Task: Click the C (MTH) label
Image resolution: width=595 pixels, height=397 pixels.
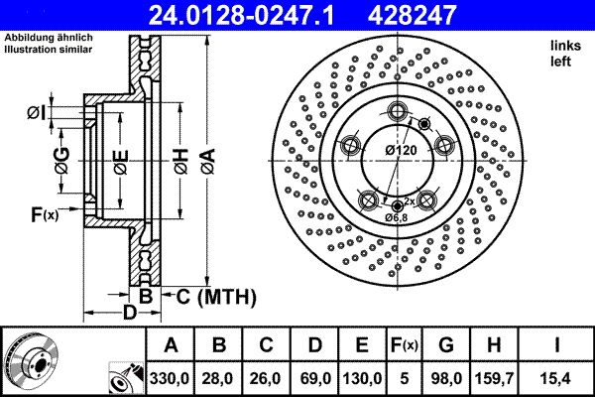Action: click(x=216, y=297)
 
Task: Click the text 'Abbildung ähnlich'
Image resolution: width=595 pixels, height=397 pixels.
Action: click(x=49, y=37)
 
